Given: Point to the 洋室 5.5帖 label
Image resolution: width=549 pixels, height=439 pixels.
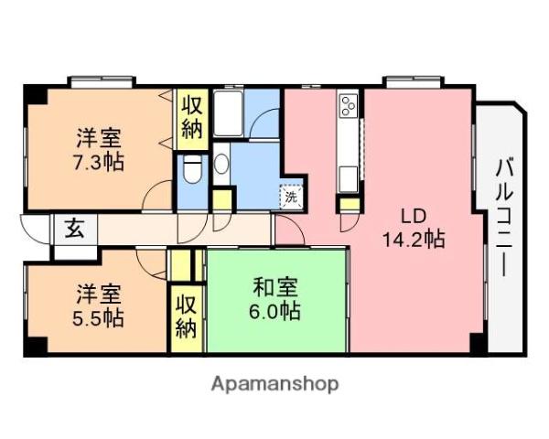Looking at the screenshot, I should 99,306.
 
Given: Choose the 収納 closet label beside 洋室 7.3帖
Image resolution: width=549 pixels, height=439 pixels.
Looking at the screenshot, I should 191,116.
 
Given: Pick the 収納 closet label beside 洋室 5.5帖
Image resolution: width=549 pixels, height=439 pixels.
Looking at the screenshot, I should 187,316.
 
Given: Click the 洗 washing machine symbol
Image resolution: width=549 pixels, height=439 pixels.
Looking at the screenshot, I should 290,196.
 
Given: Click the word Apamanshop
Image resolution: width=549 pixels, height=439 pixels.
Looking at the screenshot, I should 275,383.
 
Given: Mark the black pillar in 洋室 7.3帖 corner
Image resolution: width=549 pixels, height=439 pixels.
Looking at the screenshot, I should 33,93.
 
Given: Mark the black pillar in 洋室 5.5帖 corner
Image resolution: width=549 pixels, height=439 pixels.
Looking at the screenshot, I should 34,348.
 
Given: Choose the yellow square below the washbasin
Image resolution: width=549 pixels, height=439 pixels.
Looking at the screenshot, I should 222,198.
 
